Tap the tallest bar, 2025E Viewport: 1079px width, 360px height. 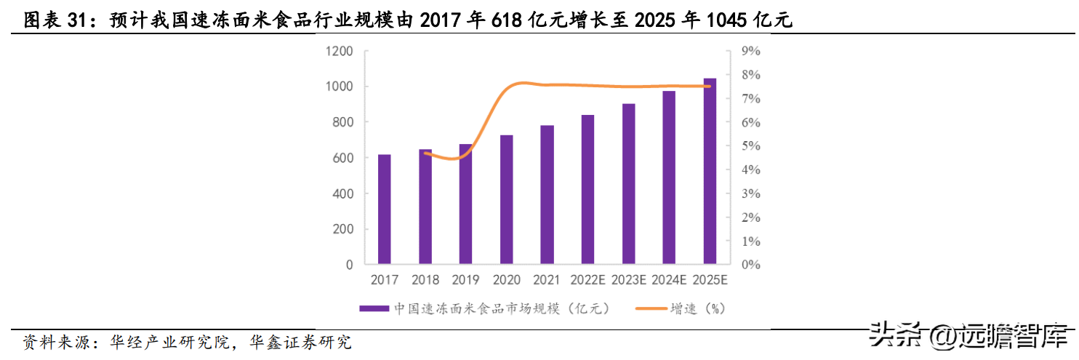tap(710, 170)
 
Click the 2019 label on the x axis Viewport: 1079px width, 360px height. tap(465, 280)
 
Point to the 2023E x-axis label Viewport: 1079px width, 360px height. tap(628, 280)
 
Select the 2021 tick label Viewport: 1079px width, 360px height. tap(547, 280)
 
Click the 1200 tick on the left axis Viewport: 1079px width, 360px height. tap(340, 51)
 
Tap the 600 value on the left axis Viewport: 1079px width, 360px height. tap(344, 158)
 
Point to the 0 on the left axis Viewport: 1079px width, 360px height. tap(350, 265)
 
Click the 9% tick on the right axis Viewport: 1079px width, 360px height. tap(750, 51)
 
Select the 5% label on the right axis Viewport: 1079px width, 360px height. tap(750, 146)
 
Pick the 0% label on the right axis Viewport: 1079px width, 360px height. tap(750, 265)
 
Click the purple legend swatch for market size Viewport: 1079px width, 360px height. tap(374, 309)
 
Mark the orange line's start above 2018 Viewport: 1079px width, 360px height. tap(425, 153)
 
